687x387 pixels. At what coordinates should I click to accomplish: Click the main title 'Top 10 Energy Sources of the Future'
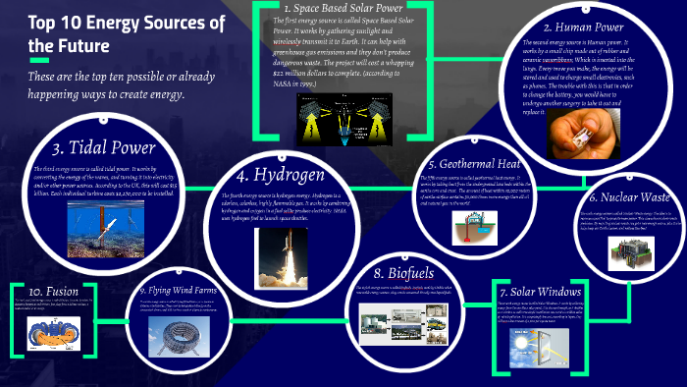(93, 33)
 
